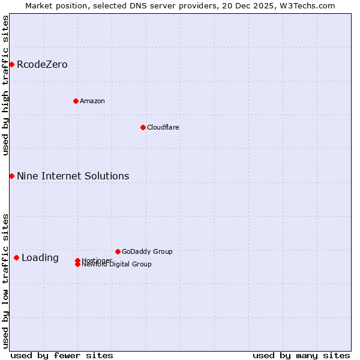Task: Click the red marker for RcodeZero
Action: [11, 64]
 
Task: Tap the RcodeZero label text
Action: [42, 65]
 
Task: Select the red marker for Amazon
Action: [76, 101]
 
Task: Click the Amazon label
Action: [92, 101]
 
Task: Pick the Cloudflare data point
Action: [143, 127]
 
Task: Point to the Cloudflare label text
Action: [163, 127]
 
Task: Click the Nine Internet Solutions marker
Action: [11, 176]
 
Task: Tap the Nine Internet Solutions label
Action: [73, 176]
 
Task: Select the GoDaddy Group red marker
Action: [118, 251]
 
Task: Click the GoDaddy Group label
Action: [147, 251]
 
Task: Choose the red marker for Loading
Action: [16, 257]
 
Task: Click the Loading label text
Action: [40, 258]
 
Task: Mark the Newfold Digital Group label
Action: [117, 265]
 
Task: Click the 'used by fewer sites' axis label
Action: [62, 355]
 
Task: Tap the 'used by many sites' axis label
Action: [301, 355]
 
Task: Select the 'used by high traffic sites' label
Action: [5, 85]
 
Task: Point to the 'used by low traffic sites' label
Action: [5, 281]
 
